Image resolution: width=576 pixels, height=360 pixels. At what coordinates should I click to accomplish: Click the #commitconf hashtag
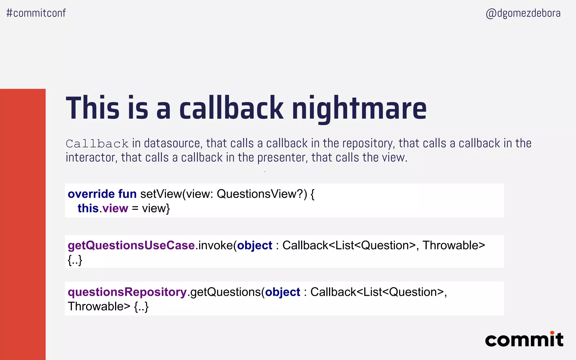(x=36, y=13)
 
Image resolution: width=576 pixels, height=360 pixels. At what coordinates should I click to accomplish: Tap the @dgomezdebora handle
(x=523, y=13)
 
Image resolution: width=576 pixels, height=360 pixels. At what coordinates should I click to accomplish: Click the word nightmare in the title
(x=359, y=109)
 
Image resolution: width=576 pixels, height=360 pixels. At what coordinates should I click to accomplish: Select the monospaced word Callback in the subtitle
(x=97, y=144)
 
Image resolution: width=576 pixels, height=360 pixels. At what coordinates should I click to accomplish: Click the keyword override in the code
(x=91, y=194)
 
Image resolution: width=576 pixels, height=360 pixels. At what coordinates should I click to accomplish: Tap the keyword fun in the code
(x=127, y=194)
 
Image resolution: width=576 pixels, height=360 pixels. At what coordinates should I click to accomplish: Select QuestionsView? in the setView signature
(x=262, y=194)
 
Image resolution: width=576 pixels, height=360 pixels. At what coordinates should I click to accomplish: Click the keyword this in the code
(x=88, y=208)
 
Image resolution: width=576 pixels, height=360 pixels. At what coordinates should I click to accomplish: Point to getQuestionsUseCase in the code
(x=131, y=246)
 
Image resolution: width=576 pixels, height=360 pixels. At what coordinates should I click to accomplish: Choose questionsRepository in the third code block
(x=127, y=292)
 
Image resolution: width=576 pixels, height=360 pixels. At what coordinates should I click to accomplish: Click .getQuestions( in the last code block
(x=226, y=292)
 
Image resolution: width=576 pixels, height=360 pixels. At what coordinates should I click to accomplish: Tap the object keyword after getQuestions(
(x=283, y=292)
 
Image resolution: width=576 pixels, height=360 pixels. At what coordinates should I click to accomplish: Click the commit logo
(x=524, y=339)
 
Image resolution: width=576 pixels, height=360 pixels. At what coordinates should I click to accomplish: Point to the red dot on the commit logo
(x=552, y=333)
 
